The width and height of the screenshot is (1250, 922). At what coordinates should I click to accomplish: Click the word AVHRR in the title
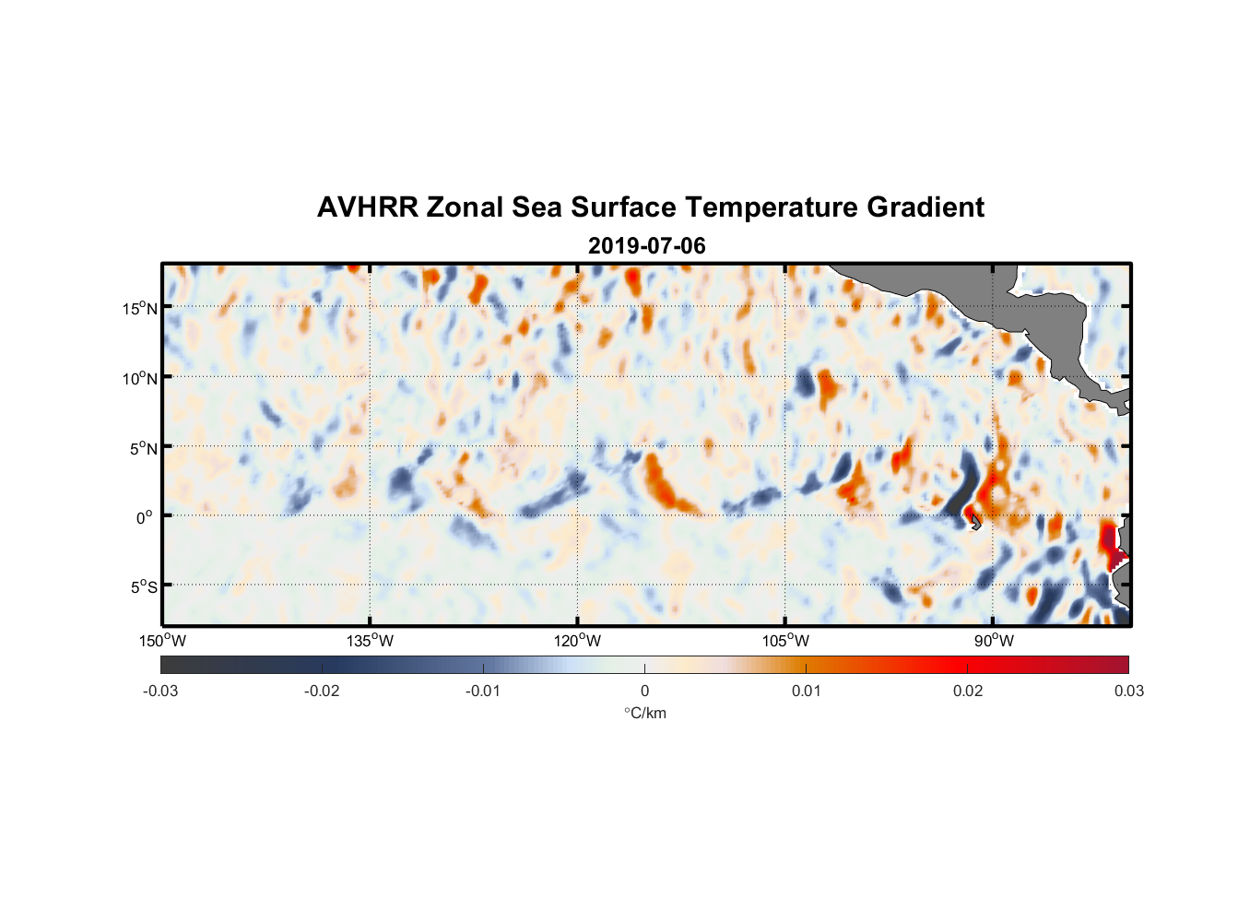(x=367, y=207)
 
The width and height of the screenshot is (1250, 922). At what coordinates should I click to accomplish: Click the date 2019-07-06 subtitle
(x=646, y=246)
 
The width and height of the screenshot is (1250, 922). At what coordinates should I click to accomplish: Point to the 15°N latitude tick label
(x=140, y=308)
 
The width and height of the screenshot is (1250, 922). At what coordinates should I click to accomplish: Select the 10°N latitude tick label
(x=140, y=378)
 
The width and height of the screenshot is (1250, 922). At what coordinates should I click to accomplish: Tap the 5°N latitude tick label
(x=143, y=448)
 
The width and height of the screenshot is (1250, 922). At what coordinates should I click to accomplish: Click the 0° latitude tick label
(x=145, y=518)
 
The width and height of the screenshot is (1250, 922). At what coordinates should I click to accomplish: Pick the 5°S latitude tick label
(x=142, y=587)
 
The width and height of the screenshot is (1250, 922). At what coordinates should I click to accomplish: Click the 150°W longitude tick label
(x=163, y=641)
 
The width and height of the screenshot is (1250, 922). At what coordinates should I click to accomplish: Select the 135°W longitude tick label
(x=371, y=641)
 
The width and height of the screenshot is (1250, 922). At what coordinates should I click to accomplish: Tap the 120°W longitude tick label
(x=578, y=641)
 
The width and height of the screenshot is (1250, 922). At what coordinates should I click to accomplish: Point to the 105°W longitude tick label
(x=785, y=641)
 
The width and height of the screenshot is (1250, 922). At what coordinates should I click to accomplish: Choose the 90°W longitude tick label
(x=994, y=641)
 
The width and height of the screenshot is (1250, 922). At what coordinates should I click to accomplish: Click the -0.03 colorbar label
(x=160, y=691)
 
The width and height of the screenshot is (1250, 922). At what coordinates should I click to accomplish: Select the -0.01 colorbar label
(x=483, y=691)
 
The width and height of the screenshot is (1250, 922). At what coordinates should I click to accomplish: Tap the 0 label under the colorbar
(x=644, y=691)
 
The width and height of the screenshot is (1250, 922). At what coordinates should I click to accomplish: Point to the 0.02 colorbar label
(x=968, y=691)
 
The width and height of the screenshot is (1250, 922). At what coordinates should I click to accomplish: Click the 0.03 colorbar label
(x=1128, y=691)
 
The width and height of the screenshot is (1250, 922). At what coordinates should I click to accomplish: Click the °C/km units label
(x=645, y=713)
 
